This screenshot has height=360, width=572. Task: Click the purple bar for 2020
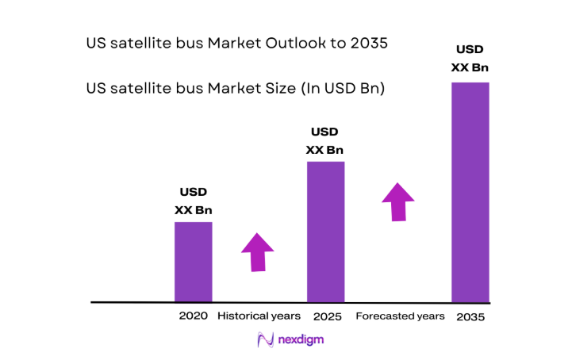(x=193, y=262)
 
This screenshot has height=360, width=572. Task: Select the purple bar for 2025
(x=325, y=232)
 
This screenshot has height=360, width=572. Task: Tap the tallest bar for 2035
(x=470, y=192)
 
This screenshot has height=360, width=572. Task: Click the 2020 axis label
(x=193, y=316)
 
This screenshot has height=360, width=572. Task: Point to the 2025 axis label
(x=326, y=316)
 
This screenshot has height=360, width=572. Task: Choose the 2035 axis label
(x=470, y=317)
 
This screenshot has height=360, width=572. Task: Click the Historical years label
(x=259, y=316)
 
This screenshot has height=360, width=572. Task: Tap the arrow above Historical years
(x=257, y=252)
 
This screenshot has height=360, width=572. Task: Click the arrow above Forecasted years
(x=397, y=201)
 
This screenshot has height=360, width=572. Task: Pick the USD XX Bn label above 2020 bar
(x=194, y=201)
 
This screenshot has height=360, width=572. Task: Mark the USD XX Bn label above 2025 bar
(x=325, y=140)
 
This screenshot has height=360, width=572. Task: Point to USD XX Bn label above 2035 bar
(x=470, y=59)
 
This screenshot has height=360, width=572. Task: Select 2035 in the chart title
(x=368, y=44)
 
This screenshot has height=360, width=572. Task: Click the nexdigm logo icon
(x=266, y=340)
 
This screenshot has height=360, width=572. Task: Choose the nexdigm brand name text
(x=301, y=339)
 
